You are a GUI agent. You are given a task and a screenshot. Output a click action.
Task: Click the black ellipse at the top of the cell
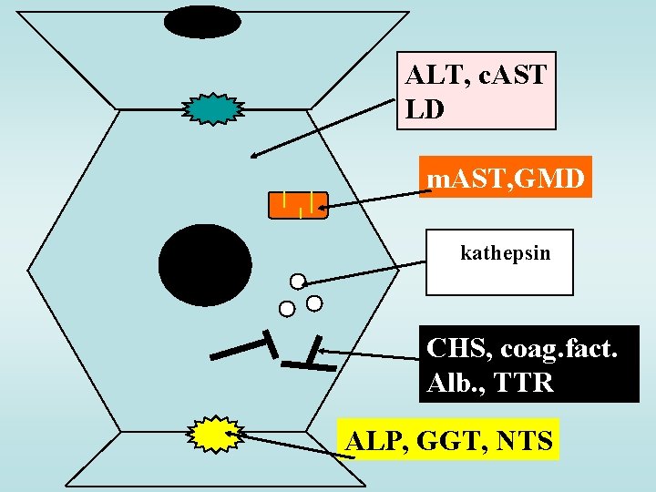203,21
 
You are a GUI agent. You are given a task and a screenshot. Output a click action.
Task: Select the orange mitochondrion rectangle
298,205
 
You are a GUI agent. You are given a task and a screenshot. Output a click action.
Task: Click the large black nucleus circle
205,264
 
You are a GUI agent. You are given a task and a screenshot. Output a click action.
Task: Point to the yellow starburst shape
215,434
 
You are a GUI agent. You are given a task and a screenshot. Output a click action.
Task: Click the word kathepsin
506,252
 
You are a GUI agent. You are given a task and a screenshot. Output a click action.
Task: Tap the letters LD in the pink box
425,109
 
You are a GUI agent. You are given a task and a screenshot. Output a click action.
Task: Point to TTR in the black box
524,383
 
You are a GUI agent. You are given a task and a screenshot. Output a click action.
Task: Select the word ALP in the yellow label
374,441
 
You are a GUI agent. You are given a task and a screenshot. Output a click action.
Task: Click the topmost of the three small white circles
297,281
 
